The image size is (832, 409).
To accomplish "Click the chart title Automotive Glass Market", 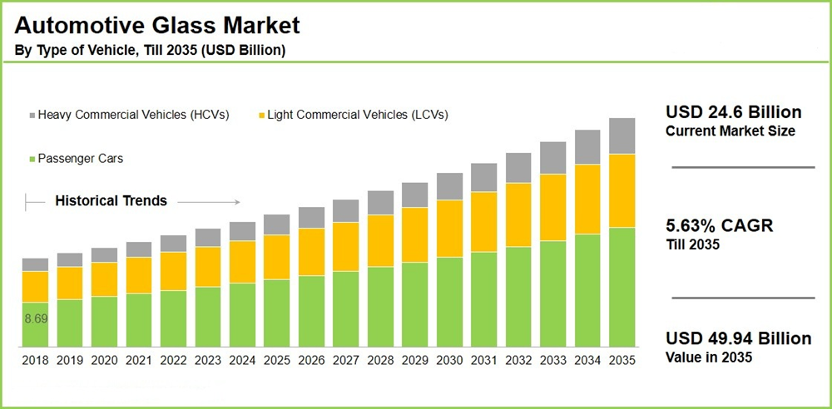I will tap(157, 26).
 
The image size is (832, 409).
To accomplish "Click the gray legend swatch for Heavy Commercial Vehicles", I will tap(32, 115).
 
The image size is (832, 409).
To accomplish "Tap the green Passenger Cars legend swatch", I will tap(32, 158).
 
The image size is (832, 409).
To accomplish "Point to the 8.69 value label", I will tap(35, 318).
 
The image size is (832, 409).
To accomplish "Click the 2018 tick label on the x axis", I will tap(35, 361).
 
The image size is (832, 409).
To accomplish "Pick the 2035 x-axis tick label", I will tap(622, 361).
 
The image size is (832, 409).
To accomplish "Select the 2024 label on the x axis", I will tap(242, 361).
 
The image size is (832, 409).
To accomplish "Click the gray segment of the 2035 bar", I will tap(622, 136).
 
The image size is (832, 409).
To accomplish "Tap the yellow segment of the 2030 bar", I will tap(449, 229).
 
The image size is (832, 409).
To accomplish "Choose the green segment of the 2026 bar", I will tap(311, 311).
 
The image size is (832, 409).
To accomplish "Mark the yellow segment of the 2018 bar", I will tap(35, 287).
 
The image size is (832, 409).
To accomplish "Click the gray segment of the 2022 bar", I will tap(173, 243).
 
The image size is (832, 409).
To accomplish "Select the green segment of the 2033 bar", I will tap(553, 293).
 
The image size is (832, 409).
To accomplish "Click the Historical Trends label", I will tap(111, 200).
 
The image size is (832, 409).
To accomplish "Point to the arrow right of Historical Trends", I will tap(208, 201).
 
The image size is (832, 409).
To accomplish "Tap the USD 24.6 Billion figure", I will tap(734, 112).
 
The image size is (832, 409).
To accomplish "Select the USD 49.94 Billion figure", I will tap(738, 338).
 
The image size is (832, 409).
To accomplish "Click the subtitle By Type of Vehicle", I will tap(151, 51).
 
